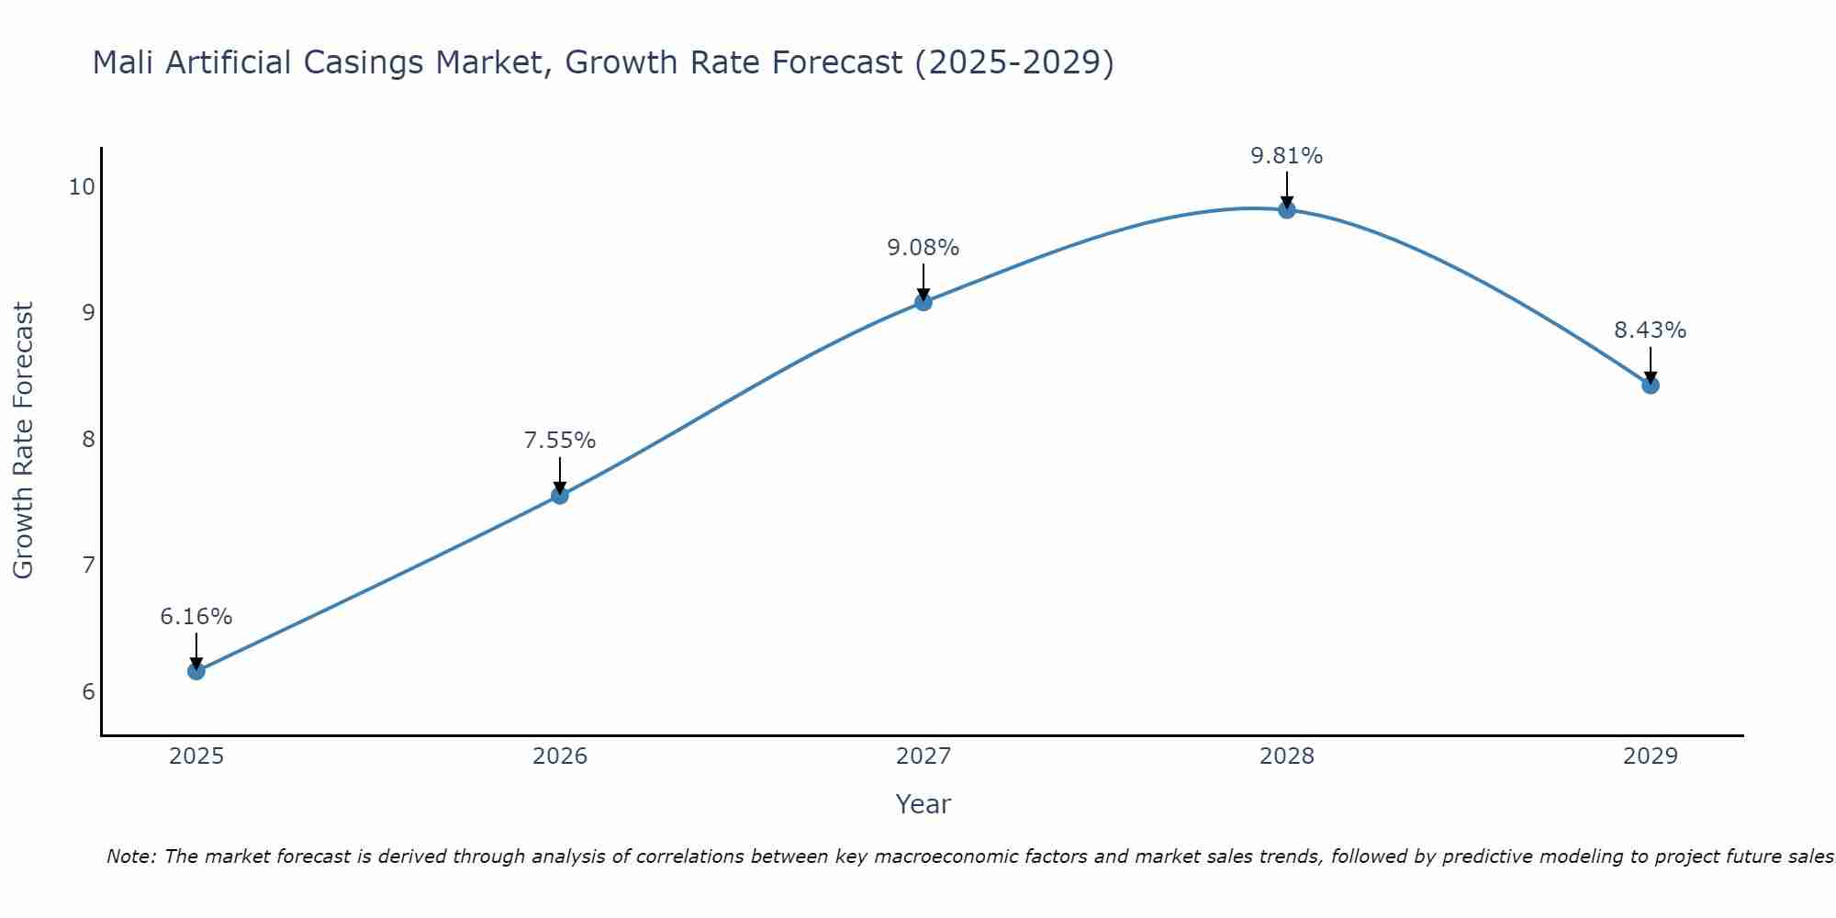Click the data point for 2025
[x=196, y=671]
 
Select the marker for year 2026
[x=559, y=496]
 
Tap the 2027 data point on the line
[x=923, y=302]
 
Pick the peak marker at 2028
[x=1286, y=210]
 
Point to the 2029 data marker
[x=1650, y=385]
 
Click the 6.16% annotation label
[x=196, y=617]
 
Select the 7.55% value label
[x=559, y=441]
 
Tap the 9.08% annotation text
[x=923, y=248]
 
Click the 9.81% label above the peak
[x=1286, y=156]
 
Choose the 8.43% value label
[x=1650, y=330]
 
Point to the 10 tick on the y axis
[x=82, y=187]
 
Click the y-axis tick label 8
[x=88, y=439]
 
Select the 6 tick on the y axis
[x=88, y=691]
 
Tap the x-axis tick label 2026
[x=559, y=756]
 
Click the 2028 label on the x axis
[x=1286, y=756]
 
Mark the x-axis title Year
[x=923, y=804]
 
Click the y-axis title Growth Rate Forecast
[x=23, y=441]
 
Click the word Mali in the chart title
[x=123, y=62]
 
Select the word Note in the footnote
[x=130, y=856]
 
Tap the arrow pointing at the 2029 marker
[x=1650, y=365]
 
